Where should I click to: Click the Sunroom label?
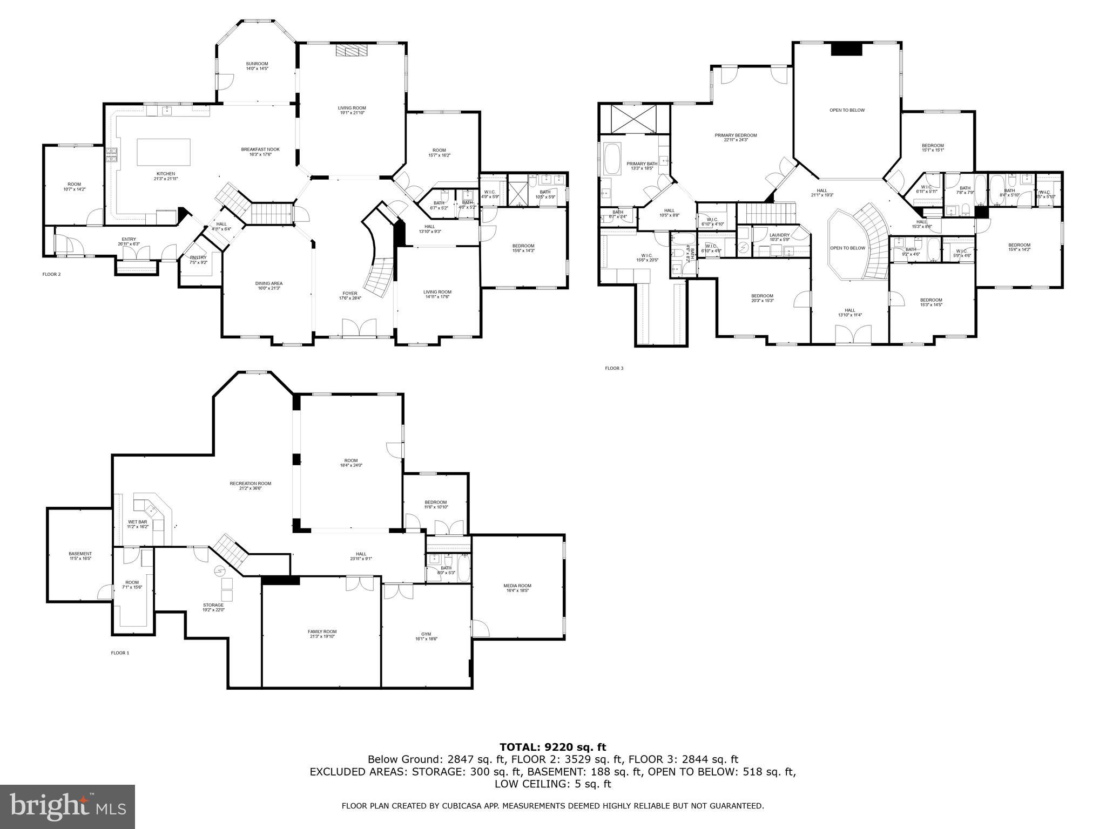pos(257,66)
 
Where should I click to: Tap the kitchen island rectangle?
pos(164,152)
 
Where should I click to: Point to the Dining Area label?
pos(269,286)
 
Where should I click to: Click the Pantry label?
pos(194,260)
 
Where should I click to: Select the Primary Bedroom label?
pos(736,138)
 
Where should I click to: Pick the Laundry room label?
pos(779,237)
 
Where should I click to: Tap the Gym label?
pos(426,636)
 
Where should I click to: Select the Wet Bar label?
pos(137,524)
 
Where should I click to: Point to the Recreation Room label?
pos(250,486)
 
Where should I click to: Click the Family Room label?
pos(322,634)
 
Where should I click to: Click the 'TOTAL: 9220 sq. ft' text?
pos(552,747)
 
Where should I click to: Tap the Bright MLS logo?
pos(68,806)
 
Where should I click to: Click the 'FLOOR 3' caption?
pos(614,368)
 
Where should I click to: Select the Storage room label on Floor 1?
pos(213,607)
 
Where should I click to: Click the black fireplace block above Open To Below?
pos(846,49)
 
